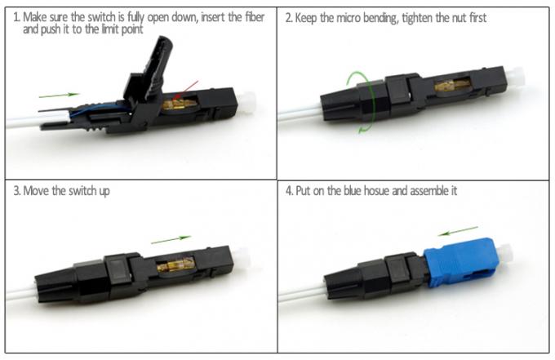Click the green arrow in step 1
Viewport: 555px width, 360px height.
60,96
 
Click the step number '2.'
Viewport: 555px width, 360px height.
288,17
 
